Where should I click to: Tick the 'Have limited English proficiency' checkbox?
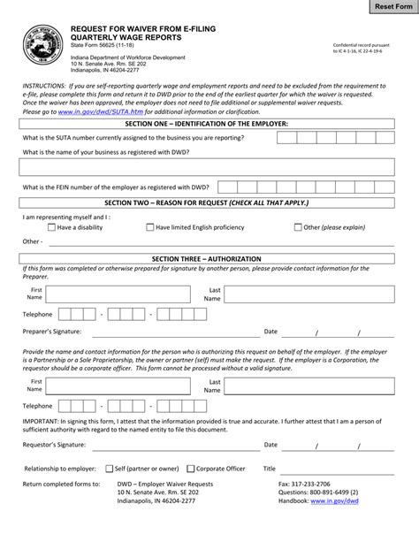coord(149,227)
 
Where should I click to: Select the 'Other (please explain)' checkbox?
coord(297,227)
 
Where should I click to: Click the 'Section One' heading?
coord(209,124)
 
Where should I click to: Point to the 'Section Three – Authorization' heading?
coord(209,258)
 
